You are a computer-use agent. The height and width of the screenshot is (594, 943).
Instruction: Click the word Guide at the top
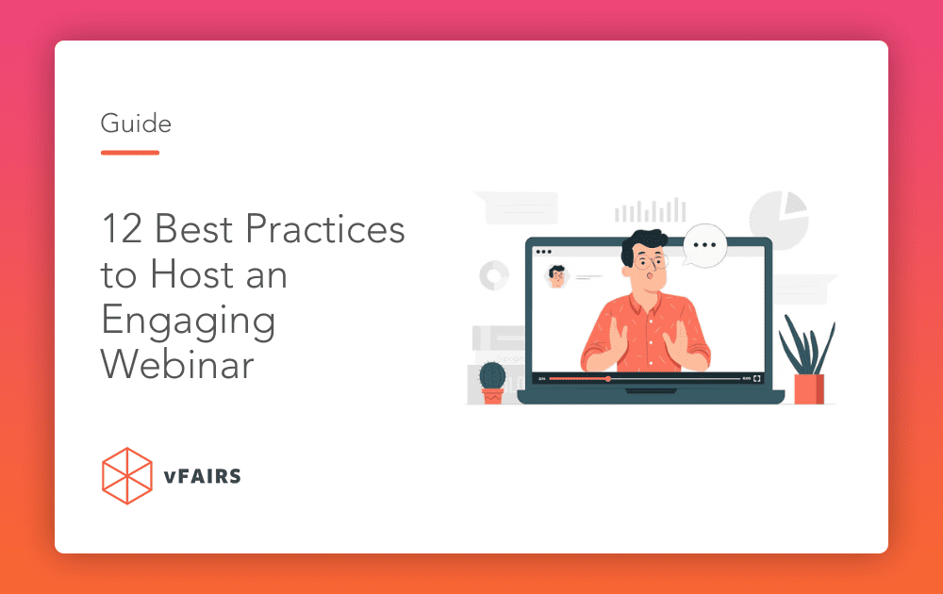click(136, 124)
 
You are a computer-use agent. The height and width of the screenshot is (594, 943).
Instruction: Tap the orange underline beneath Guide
click(130, 153)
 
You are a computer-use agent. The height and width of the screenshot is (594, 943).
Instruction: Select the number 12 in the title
click(122, 229)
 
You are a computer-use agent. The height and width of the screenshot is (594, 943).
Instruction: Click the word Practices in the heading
click(325, 229)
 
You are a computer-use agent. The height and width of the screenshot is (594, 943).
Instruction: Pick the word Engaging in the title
click(189, 322)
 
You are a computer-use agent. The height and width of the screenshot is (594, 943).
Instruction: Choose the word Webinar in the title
click(177, 364)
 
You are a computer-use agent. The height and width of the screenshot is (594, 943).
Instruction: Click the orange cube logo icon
click(127, 476)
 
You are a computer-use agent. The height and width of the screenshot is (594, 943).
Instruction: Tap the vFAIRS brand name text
click(202, 476)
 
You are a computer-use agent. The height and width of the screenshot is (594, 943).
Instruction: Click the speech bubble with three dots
click(704, 245)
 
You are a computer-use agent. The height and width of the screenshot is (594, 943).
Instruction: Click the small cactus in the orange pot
click(492, 383)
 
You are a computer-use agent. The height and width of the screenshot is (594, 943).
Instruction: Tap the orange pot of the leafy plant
click(809, 388)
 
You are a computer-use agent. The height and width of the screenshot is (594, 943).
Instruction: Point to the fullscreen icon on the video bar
click(757, 379)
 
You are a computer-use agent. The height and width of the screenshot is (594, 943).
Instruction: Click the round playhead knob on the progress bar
click(608, 379)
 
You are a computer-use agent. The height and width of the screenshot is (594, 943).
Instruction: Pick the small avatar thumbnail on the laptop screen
click(557, 276)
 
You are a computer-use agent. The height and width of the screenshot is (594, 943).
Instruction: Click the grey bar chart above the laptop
click(650, 210)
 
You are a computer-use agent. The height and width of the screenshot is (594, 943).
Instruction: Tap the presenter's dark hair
click(641, 241)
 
